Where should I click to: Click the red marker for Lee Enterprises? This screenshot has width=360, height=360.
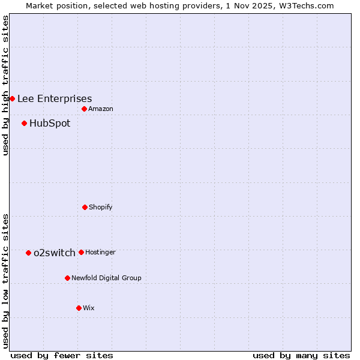tap(12, 98)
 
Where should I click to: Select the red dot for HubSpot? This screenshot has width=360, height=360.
tap(24, 123)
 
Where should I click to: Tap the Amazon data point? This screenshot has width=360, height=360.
tap(84, 109)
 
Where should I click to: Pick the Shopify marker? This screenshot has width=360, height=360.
tap(85, 207)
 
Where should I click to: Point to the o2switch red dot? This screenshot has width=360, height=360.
tap(28, 253)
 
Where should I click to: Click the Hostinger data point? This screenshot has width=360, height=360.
tap(81, 252)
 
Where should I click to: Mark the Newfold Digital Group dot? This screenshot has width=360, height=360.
tap(67, 278)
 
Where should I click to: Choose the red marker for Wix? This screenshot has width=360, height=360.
tap(79, 308)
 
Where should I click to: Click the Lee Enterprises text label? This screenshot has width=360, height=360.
tap(55, 98)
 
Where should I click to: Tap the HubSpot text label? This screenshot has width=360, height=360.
tap(50, 123)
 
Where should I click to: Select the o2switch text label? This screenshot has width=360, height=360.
tap(55, 253)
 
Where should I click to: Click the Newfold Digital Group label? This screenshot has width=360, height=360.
tap(106, 278)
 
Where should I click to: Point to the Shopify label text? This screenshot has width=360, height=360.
tap(100, 207)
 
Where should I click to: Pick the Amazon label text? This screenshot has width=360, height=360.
tap(100, 109)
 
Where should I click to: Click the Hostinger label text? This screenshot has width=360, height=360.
tap(100, 252)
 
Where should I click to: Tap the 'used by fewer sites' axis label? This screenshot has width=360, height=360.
tap(62, 355)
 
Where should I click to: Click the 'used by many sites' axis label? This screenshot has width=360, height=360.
tap(301, 355)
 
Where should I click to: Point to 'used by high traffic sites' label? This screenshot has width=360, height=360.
tap(5, 85)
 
